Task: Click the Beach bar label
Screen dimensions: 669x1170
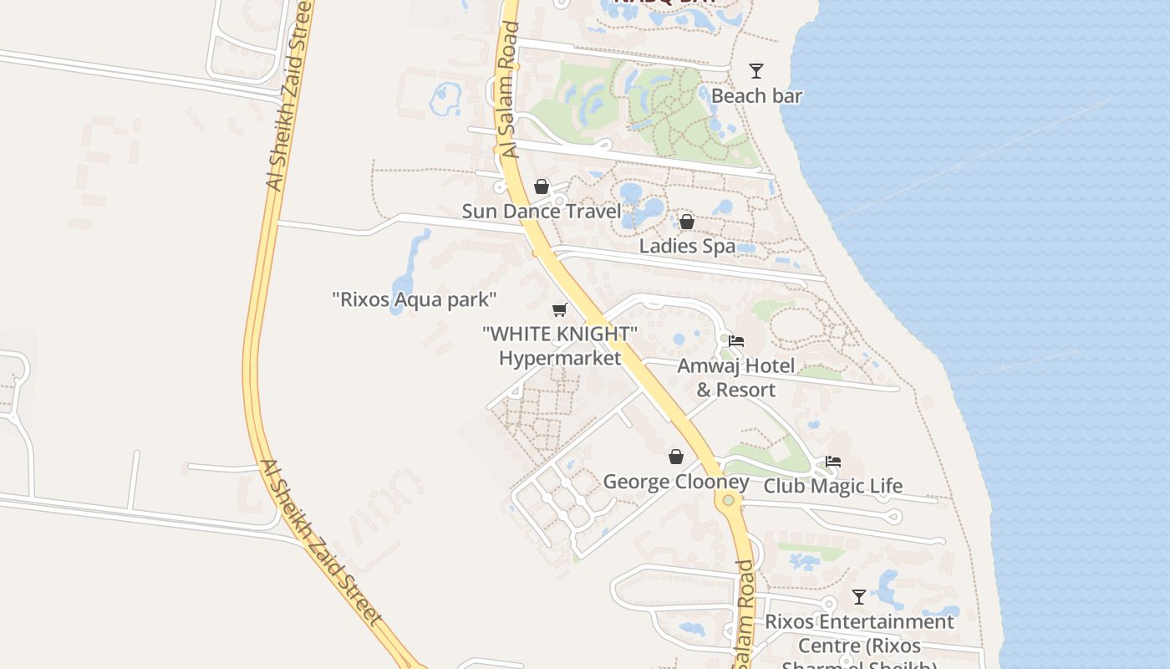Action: click(756, 96)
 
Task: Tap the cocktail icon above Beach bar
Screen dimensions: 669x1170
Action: click(756, 71)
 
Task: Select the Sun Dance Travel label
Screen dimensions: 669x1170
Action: click(542, 212)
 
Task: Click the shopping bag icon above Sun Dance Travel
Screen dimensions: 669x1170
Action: click(542, 186)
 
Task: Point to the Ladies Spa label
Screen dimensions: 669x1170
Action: click(687, 247)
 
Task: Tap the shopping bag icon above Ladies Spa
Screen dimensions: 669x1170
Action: click(686, 222)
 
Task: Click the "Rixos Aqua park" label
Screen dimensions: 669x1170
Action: click(415, 299)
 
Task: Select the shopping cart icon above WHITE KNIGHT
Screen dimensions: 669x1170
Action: click(560, 310)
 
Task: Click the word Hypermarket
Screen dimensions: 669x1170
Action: click(560, 359)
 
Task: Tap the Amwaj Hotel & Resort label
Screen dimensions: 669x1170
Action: click(736, 378)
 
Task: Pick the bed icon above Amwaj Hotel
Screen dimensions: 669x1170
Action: click(736, 341)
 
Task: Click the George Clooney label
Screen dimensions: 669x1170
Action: click(676, 483)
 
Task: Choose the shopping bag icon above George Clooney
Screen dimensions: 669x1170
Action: click(676, 457)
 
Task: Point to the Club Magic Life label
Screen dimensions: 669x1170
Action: click(833, 487)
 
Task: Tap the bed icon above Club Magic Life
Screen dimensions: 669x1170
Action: click(832, 462)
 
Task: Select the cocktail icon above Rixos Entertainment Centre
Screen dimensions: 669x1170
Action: click(859, 597)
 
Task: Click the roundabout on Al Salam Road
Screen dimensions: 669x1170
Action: click(729, 500)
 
